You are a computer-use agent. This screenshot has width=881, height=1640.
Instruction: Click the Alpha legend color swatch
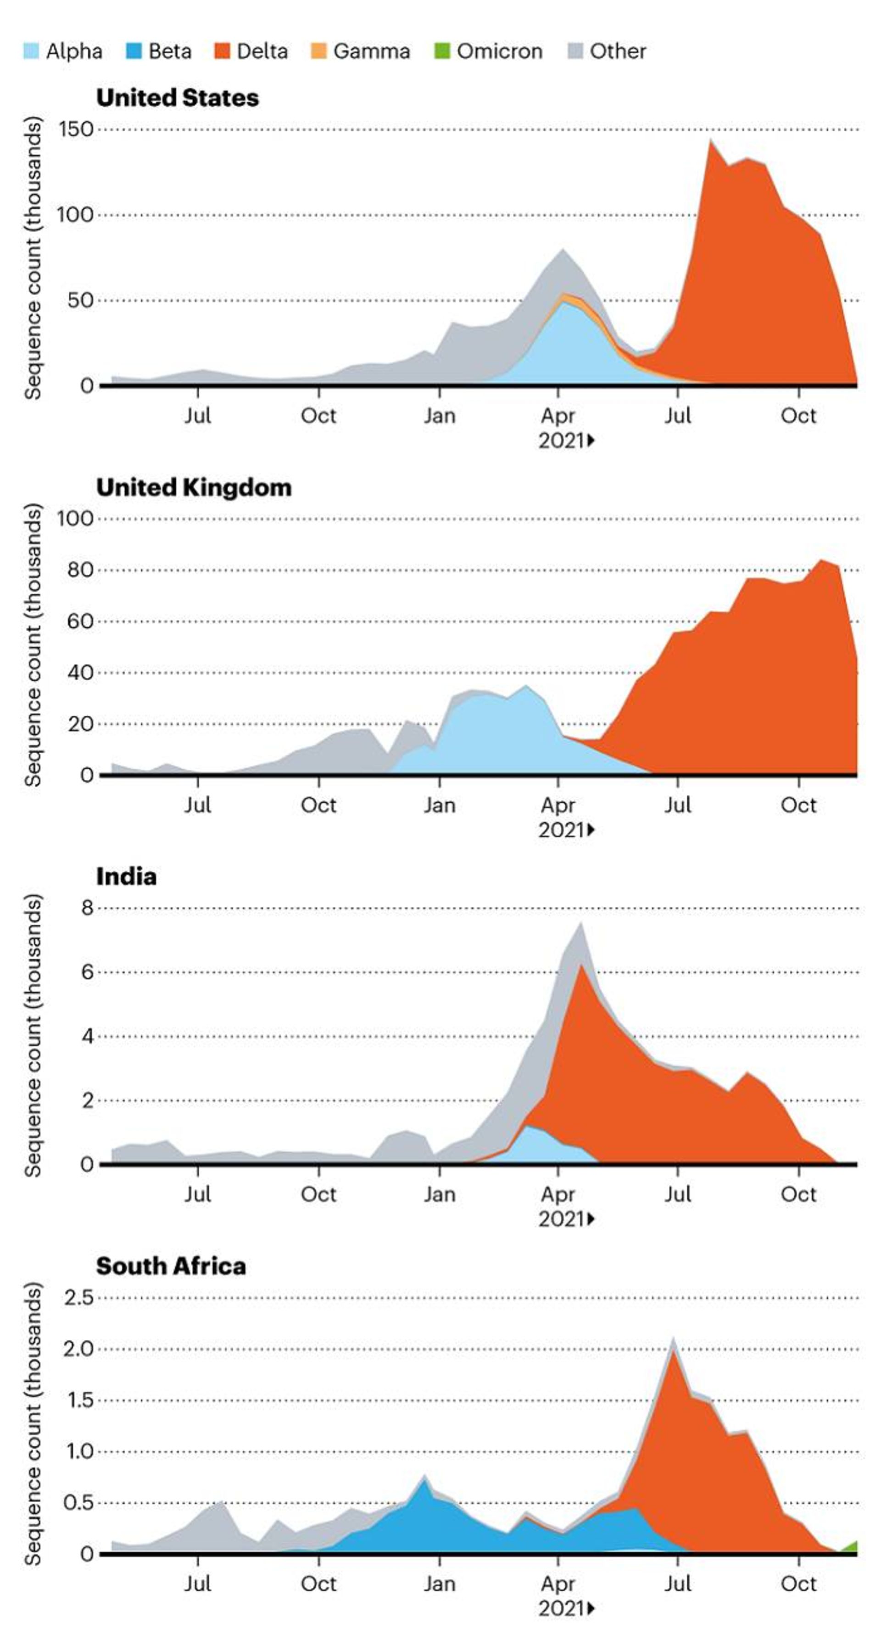coord(31,51)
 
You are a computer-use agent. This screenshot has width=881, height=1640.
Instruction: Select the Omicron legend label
coord(499,51)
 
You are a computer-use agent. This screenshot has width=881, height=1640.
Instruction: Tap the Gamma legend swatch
coord(318,51)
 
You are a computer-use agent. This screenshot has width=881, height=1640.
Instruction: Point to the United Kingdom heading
coord(194,488)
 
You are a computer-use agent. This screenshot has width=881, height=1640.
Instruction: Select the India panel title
coord(126,876)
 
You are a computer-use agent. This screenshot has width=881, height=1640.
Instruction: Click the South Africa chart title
coord(171,1266)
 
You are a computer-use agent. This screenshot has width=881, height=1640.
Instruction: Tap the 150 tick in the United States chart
coord(76,129)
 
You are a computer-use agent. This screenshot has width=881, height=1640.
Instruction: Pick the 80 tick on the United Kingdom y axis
coord(80,570)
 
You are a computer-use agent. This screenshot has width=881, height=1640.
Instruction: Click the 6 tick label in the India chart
coord(87,972)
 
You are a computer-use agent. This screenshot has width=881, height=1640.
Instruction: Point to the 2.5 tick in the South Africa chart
coord(78,1298)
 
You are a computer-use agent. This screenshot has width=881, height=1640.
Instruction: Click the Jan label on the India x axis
coord(439,1194)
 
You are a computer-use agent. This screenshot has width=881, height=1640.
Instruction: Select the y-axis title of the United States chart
coord(33,258)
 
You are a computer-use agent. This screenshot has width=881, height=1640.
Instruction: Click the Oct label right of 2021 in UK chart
coord(798,805)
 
